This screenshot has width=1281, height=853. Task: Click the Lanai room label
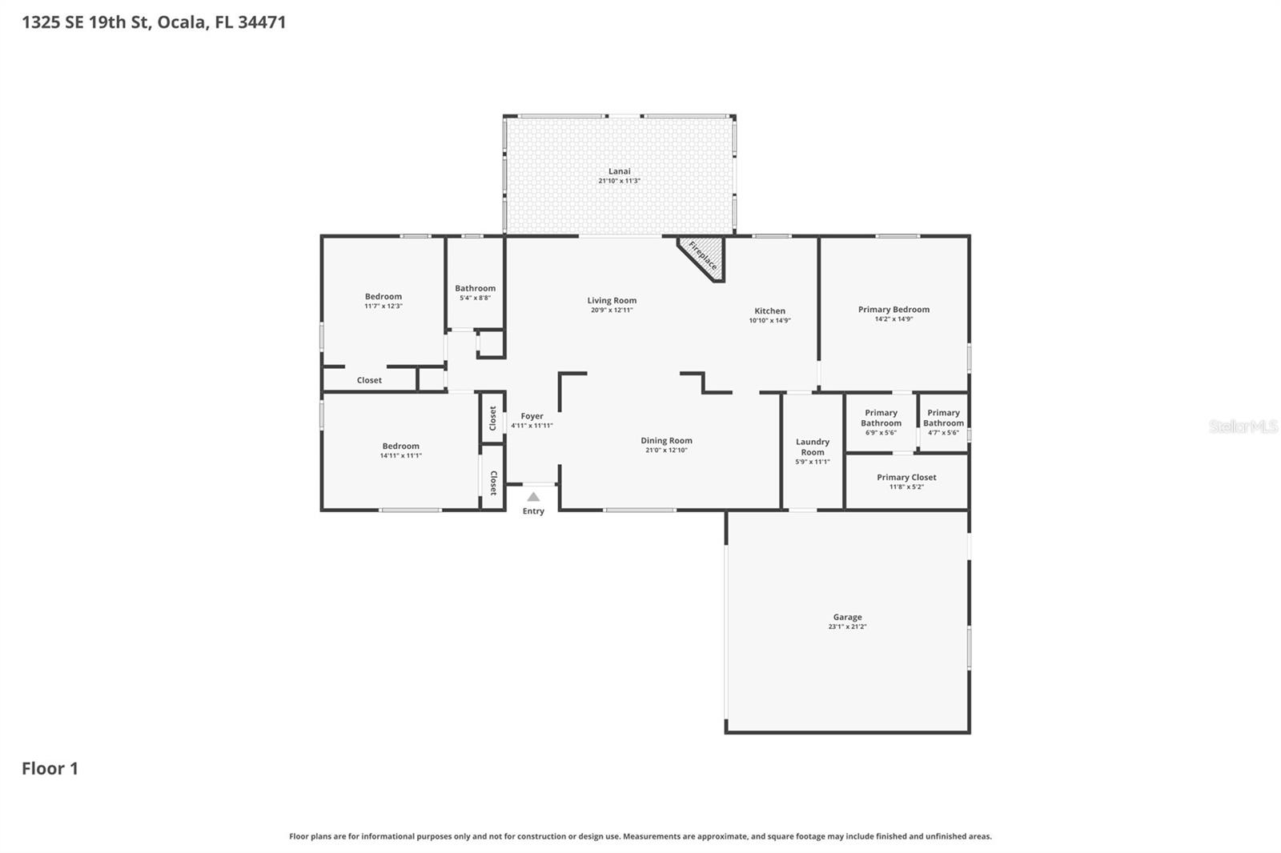coord(619,171)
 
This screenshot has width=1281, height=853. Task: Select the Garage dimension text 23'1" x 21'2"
coord(847,627)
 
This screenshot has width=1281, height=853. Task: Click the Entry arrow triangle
coord(533,497)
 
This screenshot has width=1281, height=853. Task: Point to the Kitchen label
coord(769,310)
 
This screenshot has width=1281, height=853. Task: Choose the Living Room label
coord(612,301)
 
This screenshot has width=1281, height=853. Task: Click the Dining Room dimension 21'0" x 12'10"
coord(666,451)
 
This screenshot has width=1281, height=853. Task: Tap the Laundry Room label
coord(813,447)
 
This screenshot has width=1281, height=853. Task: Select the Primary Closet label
coord(906,477)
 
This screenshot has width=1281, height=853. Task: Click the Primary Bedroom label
coord(893,309)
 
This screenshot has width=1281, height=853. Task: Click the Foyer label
coord(532,416)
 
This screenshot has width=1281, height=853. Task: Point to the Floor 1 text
coord(50,768)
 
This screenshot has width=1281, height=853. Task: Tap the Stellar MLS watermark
coord(1242,426)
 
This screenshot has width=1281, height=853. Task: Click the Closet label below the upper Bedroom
coord(369,380)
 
